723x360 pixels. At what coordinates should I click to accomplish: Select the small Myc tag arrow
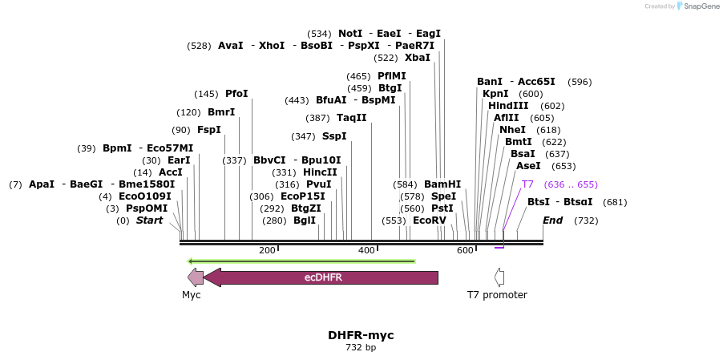coord(195,277)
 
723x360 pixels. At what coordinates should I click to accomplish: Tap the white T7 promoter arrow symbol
coord(499,277)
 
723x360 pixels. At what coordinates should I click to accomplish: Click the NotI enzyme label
coord(350,34)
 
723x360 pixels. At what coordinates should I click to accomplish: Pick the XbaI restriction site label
coord(417,58)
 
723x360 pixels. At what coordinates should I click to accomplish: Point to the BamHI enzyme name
coord(442,184)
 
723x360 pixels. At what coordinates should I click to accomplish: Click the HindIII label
coord(508,106)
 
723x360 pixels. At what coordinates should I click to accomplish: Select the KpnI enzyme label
coord(495,94)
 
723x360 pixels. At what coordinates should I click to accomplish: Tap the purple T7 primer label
coord(527,184)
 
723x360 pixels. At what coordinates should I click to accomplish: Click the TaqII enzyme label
coord(351,118)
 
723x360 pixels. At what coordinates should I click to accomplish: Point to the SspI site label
coord(333,136)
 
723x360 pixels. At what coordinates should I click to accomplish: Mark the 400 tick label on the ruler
coord(366,251)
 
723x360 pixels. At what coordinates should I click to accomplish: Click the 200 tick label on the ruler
coord(267,251)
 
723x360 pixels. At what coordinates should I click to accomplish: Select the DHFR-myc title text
coord(361,335)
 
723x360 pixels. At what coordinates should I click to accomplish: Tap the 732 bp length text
coord(361,348)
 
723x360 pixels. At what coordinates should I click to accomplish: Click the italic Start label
coord(149,220)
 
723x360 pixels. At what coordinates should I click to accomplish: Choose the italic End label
coord(552,220)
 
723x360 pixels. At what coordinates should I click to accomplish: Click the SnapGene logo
coord(697,6)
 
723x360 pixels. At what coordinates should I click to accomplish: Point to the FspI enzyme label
coord(208,130)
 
